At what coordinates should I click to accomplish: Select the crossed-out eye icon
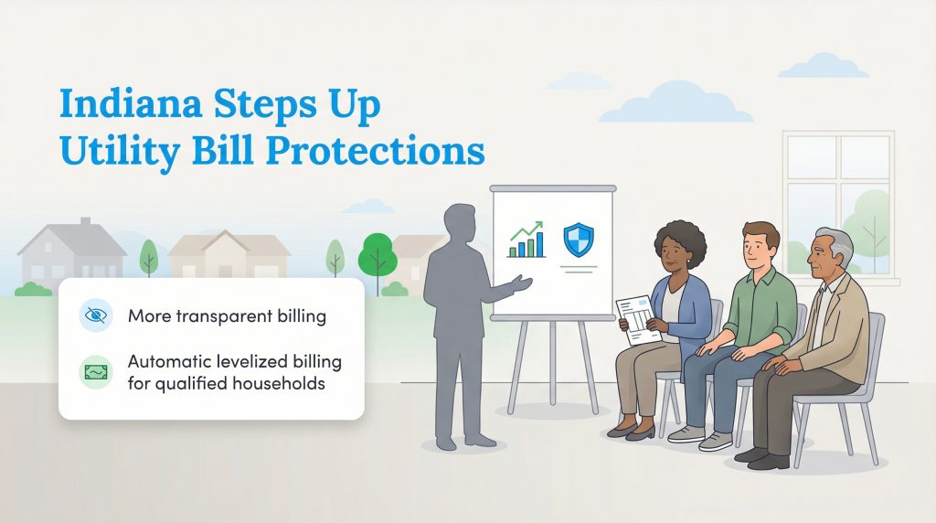point(95,316)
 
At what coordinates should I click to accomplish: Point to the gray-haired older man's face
point(830,253)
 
